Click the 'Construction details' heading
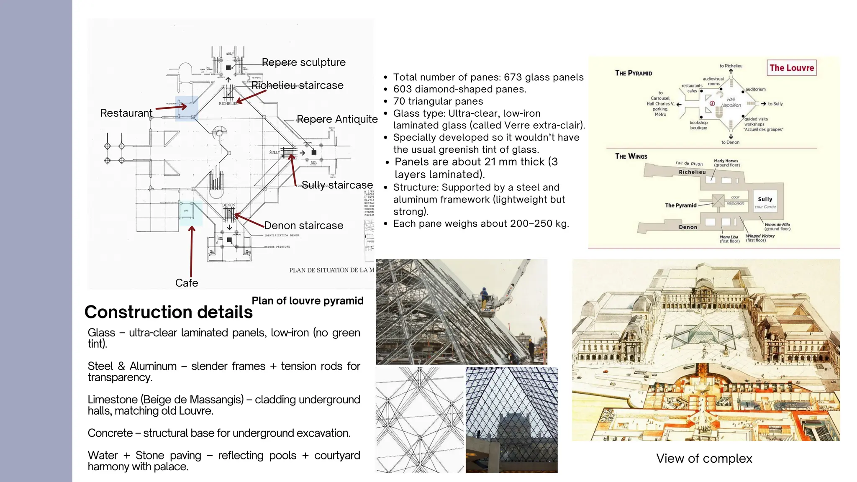[168, 312]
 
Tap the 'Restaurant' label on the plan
[126, 113]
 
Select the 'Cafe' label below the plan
[186, 283]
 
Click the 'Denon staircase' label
[303, 226]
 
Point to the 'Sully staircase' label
[337, 185]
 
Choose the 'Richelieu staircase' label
[297, 85]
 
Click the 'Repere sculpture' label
[303, 62]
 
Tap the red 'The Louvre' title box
[791, 68]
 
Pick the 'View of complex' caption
[704, 459]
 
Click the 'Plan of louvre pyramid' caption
[307, 301]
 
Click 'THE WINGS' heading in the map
[631, 156]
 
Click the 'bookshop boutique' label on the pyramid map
[698, 125]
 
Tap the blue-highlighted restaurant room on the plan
[186, 108]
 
